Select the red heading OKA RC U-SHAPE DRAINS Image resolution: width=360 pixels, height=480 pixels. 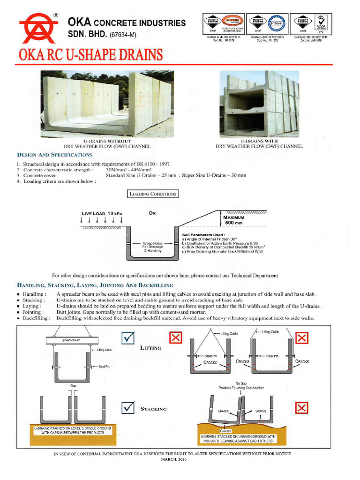coord(91,55)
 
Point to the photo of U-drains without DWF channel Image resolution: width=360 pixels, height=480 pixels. coord(107,104)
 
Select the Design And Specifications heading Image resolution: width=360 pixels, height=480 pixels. coord(54,155)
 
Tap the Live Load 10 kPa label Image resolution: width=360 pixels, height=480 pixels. coord(102,214)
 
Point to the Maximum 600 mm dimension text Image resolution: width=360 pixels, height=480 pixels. coord(238,220)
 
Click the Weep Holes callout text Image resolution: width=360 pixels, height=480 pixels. coord(152,247)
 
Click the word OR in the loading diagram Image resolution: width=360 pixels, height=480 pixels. coord(152,213)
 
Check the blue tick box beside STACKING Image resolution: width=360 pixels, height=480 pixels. coord(127,408)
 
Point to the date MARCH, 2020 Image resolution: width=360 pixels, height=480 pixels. coord(174,460)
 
